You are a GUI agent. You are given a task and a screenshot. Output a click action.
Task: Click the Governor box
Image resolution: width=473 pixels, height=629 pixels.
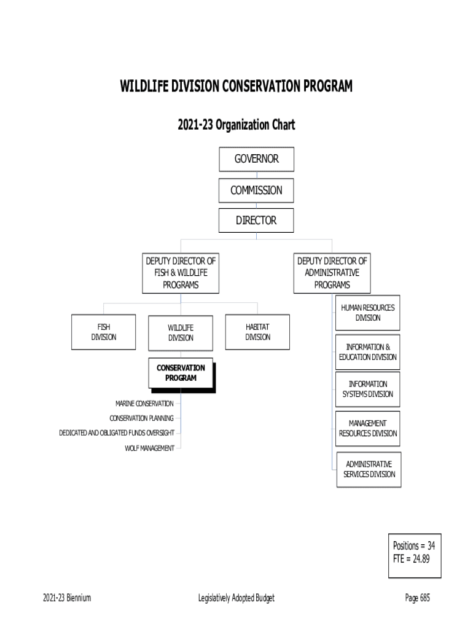(x=256, y=159)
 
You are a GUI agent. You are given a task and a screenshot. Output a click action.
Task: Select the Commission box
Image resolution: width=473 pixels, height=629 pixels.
(x=256, y=190)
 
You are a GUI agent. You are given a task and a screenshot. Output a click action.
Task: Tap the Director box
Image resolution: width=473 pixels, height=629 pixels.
(x=256, y=221)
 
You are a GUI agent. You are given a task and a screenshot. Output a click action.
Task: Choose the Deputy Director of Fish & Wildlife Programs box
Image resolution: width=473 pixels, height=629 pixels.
(x=181, y=273)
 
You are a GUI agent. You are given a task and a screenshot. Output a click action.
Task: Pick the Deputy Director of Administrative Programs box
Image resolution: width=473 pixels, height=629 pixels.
(x=332, y=273)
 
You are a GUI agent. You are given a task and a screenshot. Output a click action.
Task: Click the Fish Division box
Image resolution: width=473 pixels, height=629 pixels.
(x=104, y=332)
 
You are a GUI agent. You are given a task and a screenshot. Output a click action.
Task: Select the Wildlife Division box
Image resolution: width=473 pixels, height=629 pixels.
(x=181, y=332)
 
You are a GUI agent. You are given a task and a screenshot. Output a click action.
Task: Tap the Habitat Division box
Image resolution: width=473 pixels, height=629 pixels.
(x=257, y=332)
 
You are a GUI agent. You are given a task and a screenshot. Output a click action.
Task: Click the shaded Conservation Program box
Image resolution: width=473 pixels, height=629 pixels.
(x=181, y=373)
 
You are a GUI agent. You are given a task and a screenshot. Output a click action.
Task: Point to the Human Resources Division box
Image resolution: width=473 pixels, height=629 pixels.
(x=368, y=313)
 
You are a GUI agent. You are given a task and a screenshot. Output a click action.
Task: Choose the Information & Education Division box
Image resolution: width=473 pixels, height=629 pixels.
(x=368, y=352)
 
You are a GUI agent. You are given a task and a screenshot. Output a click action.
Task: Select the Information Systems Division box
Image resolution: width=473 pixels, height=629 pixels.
(x=368, y=389)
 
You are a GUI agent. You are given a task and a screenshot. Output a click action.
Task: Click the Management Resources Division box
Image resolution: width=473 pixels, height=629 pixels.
(x=368, y=428)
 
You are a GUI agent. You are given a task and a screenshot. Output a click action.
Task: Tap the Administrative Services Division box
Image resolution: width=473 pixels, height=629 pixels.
(x=369, y=469)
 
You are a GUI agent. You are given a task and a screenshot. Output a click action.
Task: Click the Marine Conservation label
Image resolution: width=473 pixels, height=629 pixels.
(x=144, y=404)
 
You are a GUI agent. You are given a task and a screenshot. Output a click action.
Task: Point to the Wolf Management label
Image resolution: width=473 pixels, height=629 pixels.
(x=149, y=448)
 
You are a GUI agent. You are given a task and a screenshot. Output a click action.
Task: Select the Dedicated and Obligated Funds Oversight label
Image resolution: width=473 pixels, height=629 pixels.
(x=117, y=433)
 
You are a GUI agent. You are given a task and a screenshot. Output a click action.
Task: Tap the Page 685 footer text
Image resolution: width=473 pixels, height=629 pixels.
(x=417, y=598)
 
